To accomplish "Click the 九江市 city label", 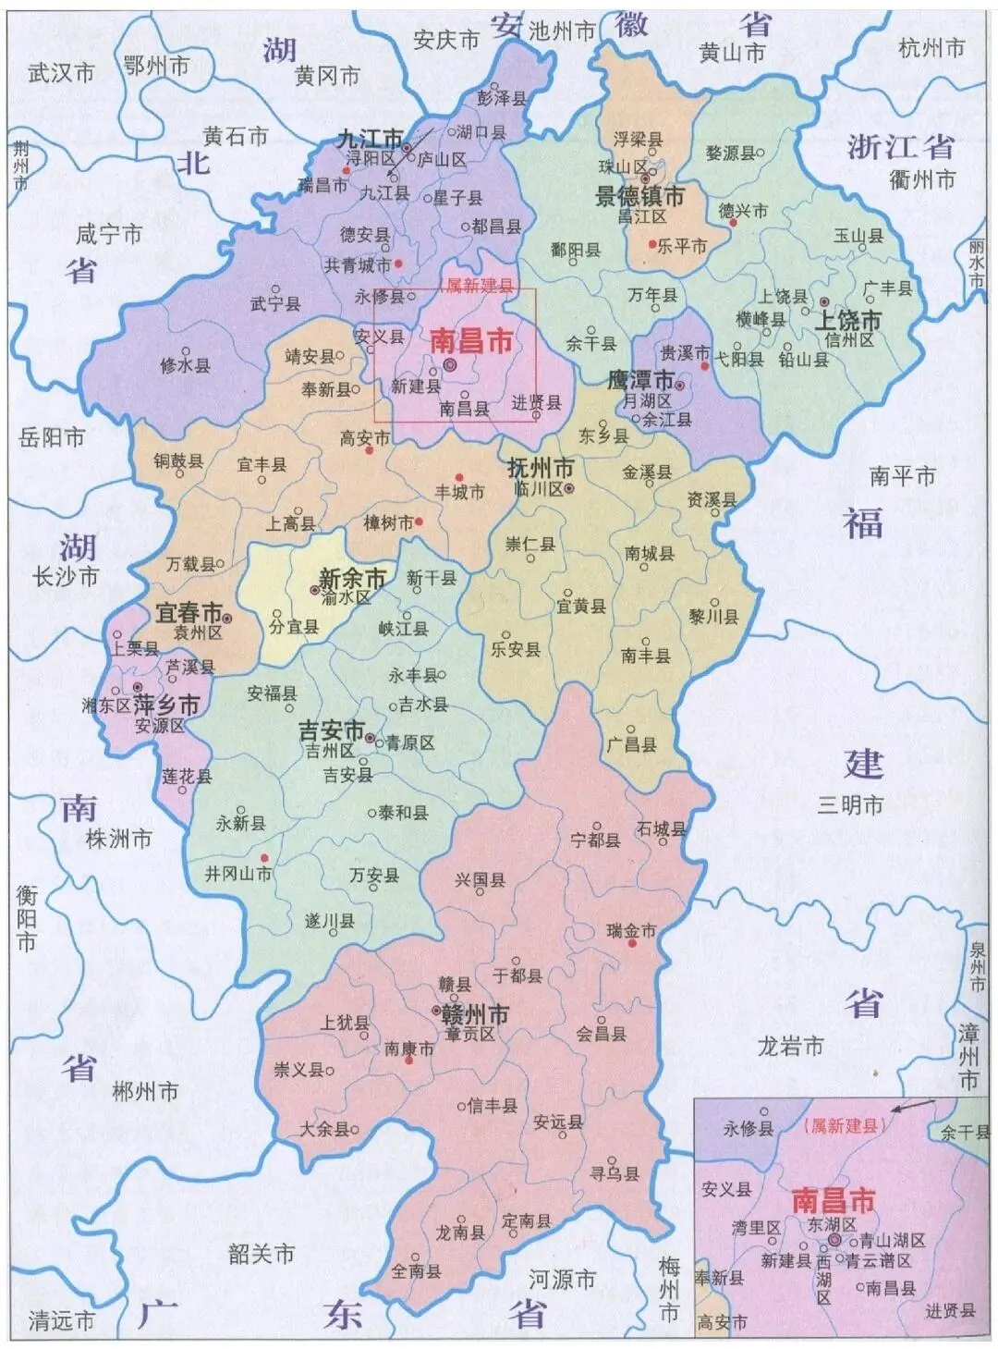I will [369, 140].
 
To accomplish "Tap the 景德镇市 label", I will [639, 196].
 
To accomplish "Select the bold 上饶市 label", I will [847, 321].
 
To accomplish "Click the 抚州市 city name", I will [541, 468].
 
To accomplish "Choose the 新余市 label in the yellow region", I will [351, 579].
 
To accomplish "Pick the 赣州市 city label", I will [473, 1014].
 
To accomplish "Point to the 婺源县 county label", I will [730, 153].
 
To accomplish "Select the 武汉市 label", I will [62, 72].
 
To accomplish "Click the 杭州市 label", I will [931, 48].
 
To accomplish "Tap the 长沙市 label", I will [65, 577].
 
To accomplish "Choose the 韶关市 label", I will [262, 1254].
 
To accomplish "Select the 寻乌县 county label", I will [615, 1174].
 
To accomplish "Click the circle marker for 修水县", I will [186, 350].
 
